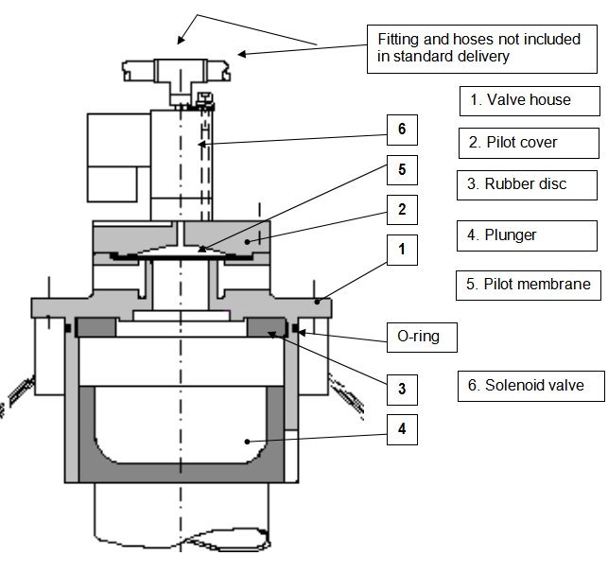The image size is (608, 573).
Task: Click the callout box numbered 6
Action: (401, 128)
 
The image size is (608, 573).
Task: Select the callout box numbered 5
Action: (401, 170)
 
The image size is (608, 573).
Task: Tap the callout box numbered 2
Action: (401, 210)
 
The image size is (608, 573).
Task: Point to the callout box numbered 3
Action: (401, 387)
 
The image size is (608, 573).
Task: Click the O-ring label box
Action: (416, 335)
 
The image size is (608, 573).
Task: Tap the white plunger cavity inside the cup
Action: (180, 425)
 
